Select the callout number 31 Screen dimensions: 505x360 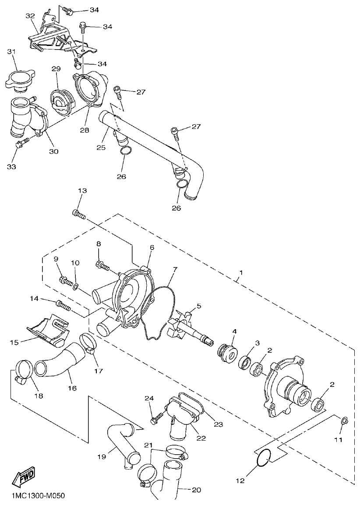[11, 52]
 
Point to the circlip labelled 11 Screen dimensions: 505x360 [343, 421]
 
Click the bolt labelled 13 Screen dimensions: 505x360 [78, 214]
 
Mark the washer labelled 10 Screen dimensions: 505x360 [76, 287]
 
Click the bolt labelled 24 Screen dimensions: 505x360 [154, 421]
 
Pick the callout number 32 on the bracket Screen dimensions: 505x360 [30, 16]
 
